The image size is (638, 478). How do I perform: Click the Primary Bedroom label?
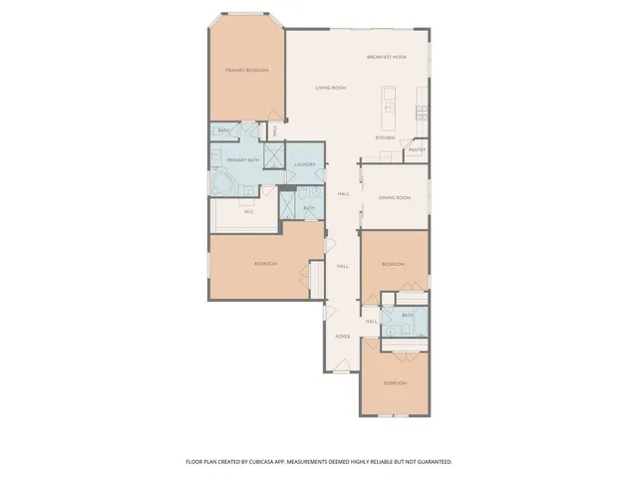(247, 70)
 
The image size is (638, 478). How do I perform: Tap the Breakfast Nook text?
(387, 57)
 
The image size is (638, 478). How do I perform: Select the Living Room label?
(331, 88)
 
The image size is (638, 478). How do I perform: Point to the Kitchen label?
(386, 136)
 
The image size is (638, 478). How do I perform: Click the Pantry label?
(417, 150)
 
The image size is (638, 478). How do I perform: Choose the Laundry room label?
(305, 164)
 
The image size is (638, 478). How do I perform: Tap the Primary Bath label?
(243, 160)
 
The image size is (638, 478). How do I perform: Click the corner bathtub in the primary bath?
(220, 185)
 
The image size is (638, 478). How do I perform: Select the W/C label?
(249, 210)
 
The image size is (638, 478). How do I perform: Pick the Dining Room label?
(395, 197)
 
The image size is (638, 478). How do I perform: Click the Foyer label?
(341, 337)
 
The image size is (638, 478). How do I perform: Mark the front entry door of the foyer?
(340, 372)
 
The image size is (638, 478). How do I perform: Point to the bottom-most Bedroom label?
(396, 382)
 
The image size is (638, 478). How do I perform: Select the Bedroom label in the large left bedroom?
(265, 263)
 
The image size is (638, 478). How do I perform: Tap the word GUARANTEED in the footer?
(432, 462)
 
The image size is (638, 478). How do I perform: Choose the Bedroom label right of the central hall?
(394, 264)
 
